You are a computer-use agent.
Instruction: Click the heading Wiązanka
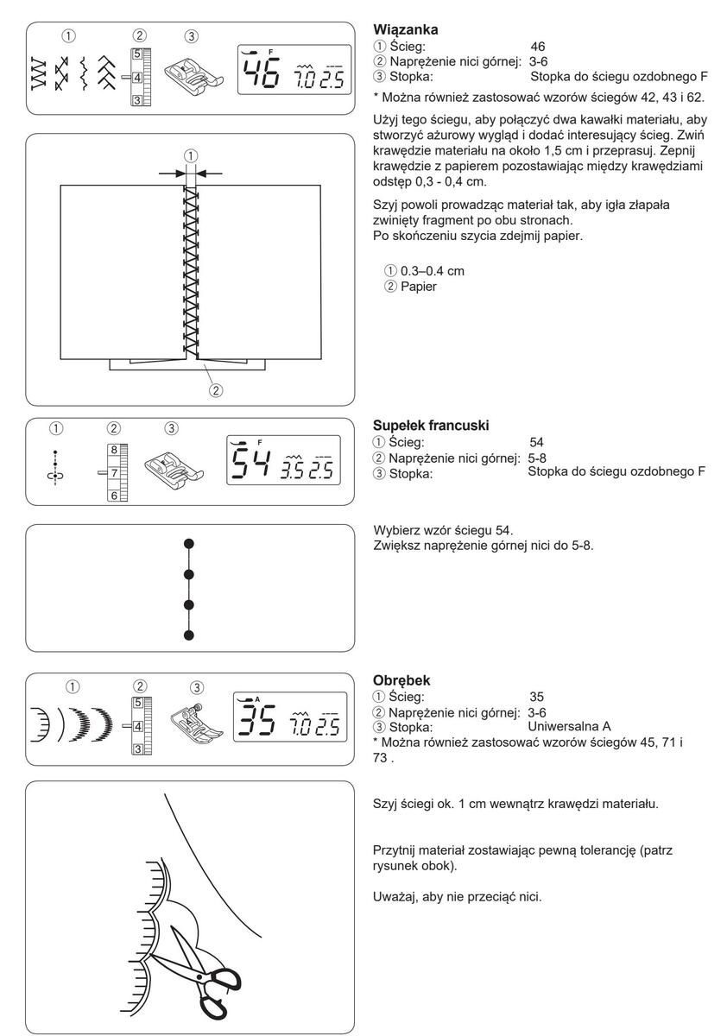point(405,29)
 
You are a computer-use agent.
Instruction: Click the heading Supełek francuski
point(431,425)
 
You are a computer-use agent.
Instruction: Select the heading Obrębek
point(401,680)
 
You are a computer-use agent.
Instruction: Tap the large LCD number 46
point(262,72)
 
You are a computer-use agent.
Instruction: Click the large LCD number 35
point(256,720)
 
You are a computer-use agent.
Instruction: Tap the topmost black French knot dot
point(189,543)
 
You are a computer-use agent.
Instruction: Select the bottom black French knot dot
point(189,635)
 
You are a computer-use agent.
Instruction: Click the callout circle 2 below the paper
point(216,390)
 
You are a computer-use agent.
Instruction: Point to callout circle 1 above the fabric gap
point(191,155)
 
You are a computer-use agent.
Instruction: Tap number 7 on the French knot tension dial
point(114,473)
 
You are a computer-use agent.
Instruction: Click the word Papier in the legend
point(419,287)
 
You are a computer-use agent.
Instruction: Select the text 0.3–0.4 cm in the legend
point(433,271)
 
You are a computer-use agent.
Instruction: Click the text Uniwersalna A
point(569,727)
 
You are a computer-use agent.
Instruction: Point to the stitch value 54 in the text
point(536,442)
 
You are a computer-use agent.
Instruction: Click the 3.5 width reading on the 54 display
point(293,471)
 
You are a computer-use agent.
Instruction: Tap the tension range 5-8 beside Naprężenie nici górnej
point(537,458)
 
